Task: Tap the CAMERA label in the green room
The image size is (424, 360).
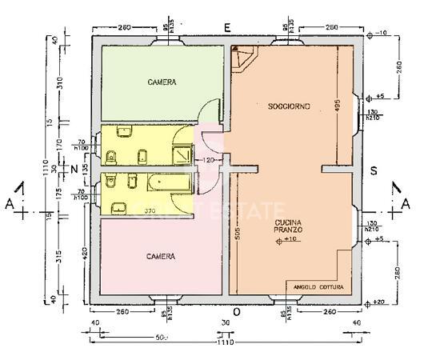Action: coord(161,82)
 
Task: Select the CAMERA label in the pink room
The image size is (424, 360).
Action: coord(161,256)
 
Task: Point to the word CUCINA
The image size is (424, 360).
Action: coord(288,222)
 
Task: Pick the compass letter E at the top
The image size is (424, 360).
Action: coord(227,28)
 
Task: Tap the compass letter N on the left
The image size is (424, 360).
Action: coord(73,169)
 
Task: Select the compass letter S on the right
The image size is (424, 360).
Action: coord(372,169)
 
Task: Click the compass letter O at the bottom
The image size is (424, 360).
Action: coord(236,310)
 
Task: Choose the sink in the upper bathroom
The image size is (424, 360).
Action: coord(124,131)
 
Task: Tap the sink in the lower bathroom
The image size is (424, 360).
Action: coord(118,208)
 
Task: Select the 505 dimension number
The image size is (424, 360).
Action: coord(238,232)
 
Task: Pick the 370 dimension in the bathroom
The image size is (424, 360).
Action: coord(149,211)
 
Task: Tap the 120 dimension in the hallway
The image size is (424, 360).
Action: coord(210,161)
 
